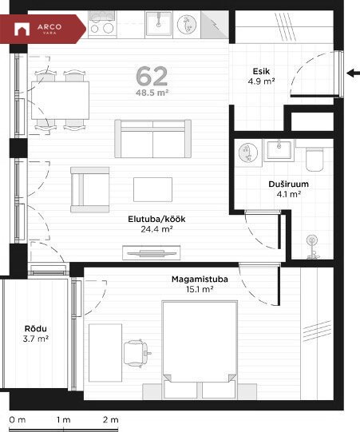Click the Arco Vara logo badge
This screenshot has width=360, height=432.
[x=42, y=29]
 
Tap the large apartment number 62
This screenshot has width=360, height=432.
[x=152, y=77]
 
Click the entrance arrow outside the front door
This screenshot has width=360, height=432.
[x=353, y=73]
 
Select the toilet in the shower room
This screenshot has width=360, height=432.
[x=315, y=159]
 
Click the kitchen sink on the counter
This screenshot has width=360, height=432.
[x=158, y=24]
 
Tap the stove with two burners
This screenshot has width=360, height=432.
[x=102, y=23]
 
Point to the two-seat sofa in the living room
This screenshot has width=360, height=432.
[x=153, y=139]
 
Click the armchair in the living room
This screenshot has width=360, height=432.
[x=89, y=189]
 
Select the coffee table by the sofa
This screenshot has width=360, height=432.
[x=153, y=189]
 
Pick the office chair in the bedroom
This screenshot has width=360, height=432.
[x=136, y=354]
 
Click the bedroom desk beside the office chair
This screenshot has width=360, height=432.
[x=105, y=353]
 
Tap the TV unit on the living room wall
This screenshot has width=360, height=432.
[x=152, y=252]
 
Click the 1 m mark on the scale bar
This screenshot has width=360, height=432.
[x=64, y=420]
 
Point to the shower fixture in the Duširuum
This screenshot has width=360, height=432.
[x=312, y=247]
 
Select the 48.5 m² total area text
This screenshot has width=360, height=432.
[x=152, y=93]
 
